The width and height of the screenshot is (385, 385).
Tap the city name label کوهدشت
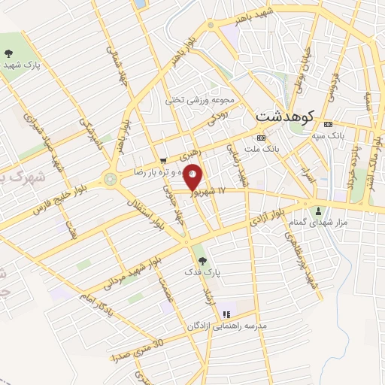[x=286, y=117]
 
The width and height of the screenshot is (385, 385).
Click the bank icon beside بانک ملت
[x=261, y=138]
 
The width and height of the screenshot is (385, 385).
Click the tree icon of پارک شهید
[x=9, y=53]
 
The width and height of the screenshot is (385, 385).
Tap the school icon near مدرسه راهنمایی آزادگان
[x=226, y=314]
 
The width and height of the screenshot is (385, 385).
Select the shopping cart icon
[x=164, y=159]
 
